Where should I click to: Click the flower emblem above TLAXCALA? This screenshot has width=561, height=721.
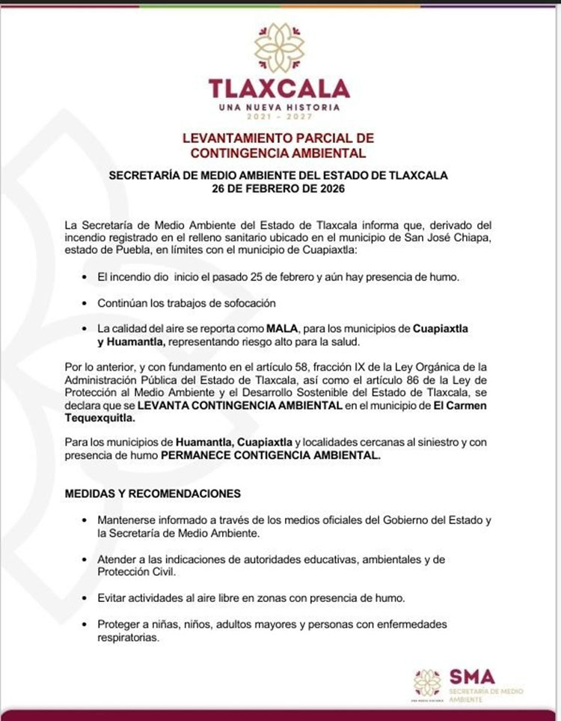click(x=280, y=46)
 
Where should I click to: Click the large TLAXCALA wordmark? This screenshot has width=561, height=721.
click(x=280, y=88)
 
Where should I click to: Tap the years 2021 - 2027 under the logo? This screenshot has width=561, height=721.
click(x=279, y=118)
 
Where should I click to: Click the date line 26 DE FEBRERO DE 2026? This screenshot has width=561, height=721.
click(x=278, y=189)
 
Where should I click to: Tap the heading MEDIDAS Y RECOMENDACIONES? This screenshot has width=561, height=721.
click(x=153, y=494)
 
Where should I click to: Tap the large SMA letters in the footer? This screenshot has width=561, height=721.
click(x=472, y=676)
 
